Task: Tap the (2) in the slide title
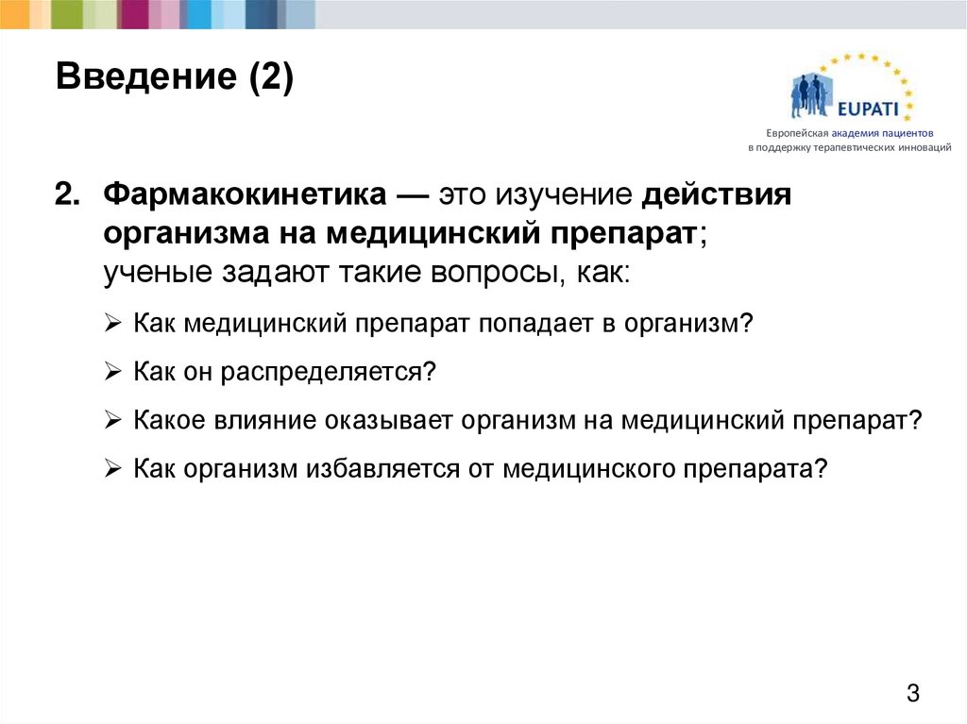(x=272, y=76)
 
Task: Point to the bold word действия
(x=717, y=196)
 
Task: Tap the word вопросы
(x=478, y=272)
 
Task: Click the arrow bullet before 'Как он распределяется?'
(x=112, y=371)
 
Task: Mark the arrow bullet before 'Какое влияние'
(x=112, y=419)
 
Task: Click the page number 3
(x=912, y=693)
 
